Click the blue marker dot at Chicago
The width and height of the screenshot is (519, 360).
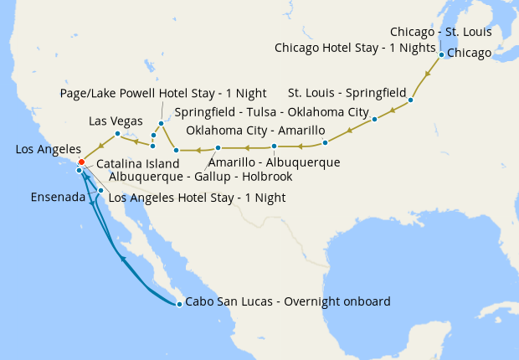click(x=441, y=54)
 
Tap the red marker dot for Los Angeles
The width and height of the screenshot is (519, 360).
click(x=81, y=162)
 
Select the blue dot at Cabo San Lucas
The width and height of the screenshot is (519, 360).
click(x=178, y=303)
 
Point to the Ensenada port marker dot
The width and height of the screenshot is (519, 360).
click(x=100, y=191)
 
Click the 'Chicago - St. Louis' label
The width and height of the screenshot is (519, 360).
click(x=440, y=32)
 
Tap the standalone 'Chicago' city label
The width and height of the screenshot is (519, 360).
click(x=470, y=54)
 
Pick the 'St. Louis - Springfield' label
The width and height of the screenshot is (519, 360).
click(x=347, y=91)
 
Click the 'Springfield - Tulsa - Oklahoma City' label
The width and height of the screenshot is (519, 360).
click(x=272, y=112)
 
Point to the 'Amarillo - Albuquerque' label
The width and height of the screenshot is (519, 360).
click(x=274, y=162)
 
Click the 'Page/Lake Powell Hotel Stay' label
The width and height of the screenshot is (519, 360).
click(x=152, y=92)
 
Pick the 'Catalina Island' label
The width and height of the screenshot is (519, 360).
click(x=137, y=164)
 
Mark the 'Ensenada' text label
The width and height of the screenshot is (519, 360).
click(x=57, y=198)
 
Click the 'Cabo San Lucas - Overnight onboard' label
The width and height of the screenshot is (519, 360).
click(x=287, y=302)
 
